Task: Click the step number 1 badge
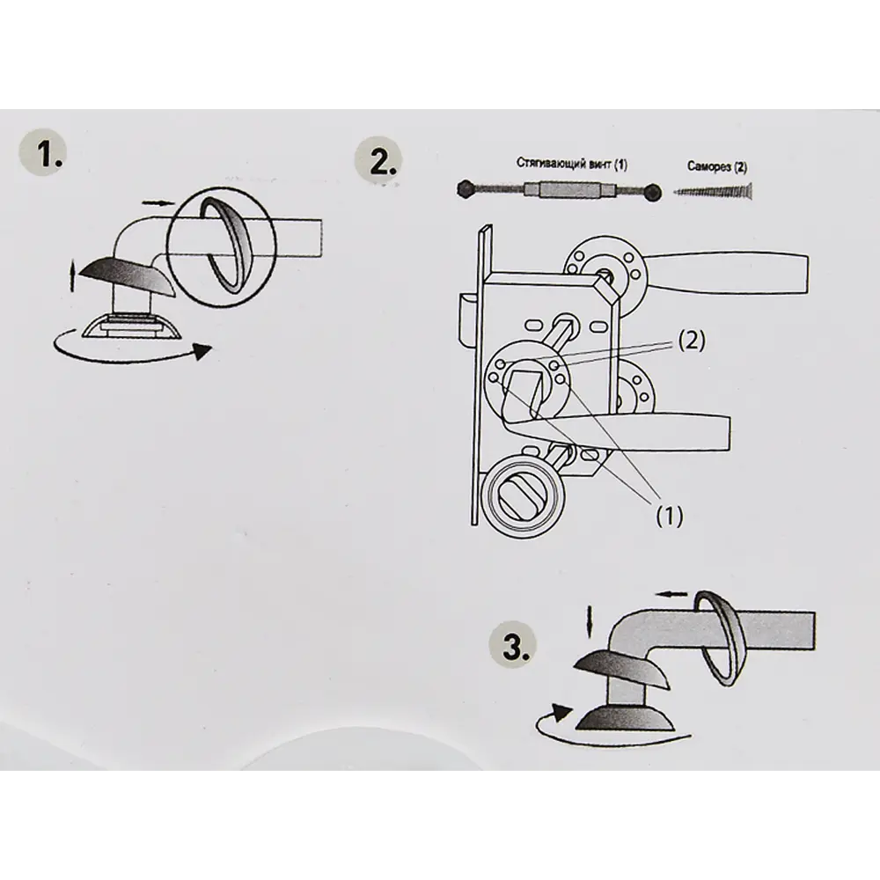click(42, 153)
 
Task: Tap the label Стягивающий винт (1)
click(571, 164)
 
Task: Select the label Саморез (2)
click(717, 166)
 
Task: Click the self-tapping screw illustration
click(713, 191)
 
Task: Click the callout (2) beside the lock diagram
click(692, 340)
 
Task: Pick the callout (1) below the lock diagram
click(670, 515)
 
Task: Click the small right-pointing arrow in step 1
click(158, 202)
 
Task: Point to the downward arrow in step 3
click(588, 621)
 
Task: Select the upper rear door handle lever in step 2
click(725, 274)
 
